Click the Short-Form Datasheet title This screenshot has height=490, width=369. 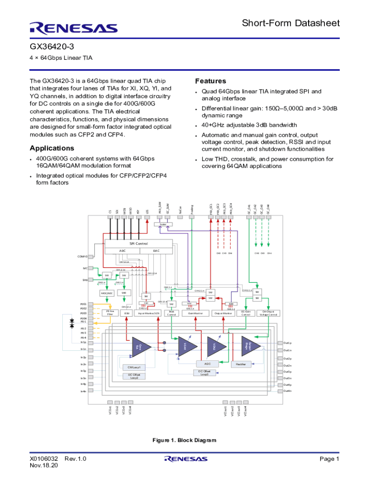point(290,23)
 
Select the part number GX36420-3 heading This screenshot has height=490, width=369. point(51,46)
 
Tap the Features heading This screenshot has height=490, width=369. point(210,81)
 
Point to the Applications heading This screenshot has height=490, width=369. point(52,148)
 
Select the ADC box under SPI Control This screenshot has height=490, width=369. point(122,250)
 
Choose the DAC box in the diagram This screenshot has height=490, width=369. point(156,250)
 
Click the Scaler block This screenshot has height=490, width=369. point(163,224)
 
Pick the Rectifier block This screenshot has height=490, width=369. point(241,364)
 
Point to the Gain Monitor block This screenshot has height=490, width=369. point(196,313)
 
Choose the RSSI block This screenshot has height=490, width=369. point(127,313)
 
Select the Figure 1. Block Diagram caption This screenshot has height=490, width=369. point(184,440)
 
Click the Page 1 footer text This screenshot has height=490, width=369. point(330,459)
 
